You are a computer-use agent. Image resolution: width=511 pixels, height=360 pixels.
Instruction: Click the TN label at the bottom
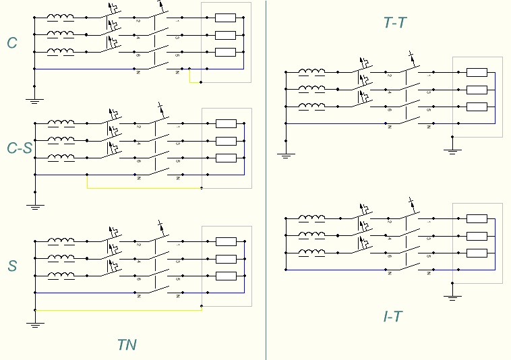pos(127,345)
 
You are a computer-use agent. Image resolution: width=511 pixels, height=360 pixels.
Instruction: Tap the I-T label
pos(392,316)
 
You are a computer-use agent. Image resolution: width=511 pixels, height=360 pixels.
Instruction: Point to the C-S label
pos(19,148)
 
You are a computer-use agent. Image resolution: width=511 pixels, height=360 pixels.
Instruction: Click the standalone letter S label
pos(12,266)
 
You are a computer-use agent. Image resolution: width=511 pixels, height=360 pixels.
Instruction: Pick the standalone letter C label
pos(12,43)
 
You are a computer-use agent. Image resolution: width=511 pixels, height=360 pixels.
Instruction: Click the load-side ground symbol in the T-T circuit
pos(453,150)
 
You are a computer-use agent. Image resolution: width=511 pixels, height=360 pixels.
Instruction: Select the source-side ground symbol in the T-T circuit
pos(286,154)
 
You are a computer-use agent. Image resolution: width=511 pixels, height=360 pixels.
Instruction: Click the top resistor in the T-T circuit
pos(477,73)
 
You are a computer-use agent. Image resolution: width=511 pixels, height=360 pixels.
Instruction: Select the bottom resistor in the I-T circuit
pos(477,253)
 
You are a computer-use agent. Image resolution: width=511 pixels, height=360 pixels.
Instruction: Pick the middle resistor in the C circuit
pos(225,35)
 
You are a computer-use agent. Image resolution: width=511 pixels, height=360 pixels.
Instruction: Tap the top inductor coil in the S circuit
pos(61,241)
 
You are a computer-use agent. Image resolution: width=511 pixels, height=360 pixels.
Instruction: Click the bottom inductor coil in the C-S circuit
pos(61,158)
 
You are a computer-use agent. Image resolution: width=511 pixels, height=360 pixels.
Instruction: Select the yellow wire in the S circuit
pos(118,310)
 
